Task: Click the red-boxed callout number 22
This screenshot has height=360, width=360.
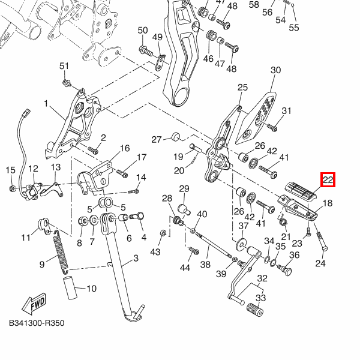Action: click(328, 179)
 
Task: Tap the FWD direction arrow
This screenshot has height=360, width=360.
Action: click(34, 304)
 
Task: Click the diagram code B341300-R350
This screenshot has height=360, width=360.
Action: click(36, 323)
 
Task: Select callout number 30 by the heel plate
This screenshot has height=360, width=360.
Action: click(275, 71)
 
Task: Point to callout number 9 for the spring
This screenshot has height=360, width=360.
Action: click(42, 264)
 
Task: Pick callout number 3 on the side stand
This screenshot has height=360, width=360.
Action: click(136, 259)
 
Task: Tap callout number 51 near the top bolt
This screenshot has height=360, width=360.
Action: click(64, 66)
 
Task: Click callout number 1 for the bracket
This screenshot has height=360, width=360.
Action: click(45, 104)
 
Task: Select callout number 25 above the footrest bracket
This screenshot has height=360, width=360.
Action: click(242, 88)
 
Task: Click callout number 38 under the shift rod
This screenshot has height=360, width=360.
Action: click(205, 264)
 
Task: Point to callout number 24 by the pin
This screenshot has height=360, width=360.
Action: click(320, 263)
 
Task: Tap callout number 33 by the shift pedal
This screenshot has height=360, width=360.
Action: click(260, 298)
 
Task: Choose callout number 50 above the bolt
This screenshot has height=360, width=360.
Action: click(143, 31)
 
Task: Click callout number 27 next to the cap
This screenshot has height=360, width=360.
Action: click(157, 140)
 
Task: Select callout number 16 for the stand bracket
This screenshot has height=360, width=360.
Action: click(124, 148)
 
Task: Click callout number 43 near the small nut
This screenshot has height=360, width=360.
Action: click(155, 251)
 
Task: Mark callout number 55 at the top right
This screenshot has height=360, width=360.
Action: click(293, 28)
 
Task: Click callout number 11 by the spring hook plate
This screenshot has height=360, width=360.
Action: click(26, 238)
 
